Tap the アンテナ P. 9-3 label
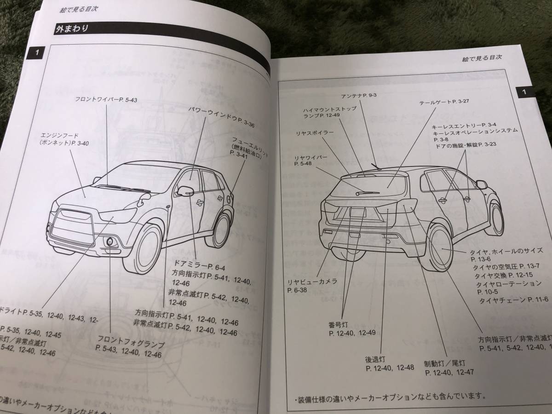click(x=359, y=95)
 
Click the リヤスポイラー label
click(x=315, y=133)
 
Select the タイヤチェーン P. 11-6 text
click(x=512, y=299)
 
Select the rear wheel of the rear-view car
click(x=440, y=251)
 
